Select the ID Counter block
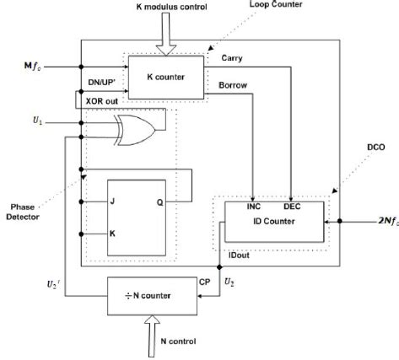274,222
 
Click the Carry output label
232,59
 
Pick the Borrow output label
234,85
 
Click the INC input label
254,206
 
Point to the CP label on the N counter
204,282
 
